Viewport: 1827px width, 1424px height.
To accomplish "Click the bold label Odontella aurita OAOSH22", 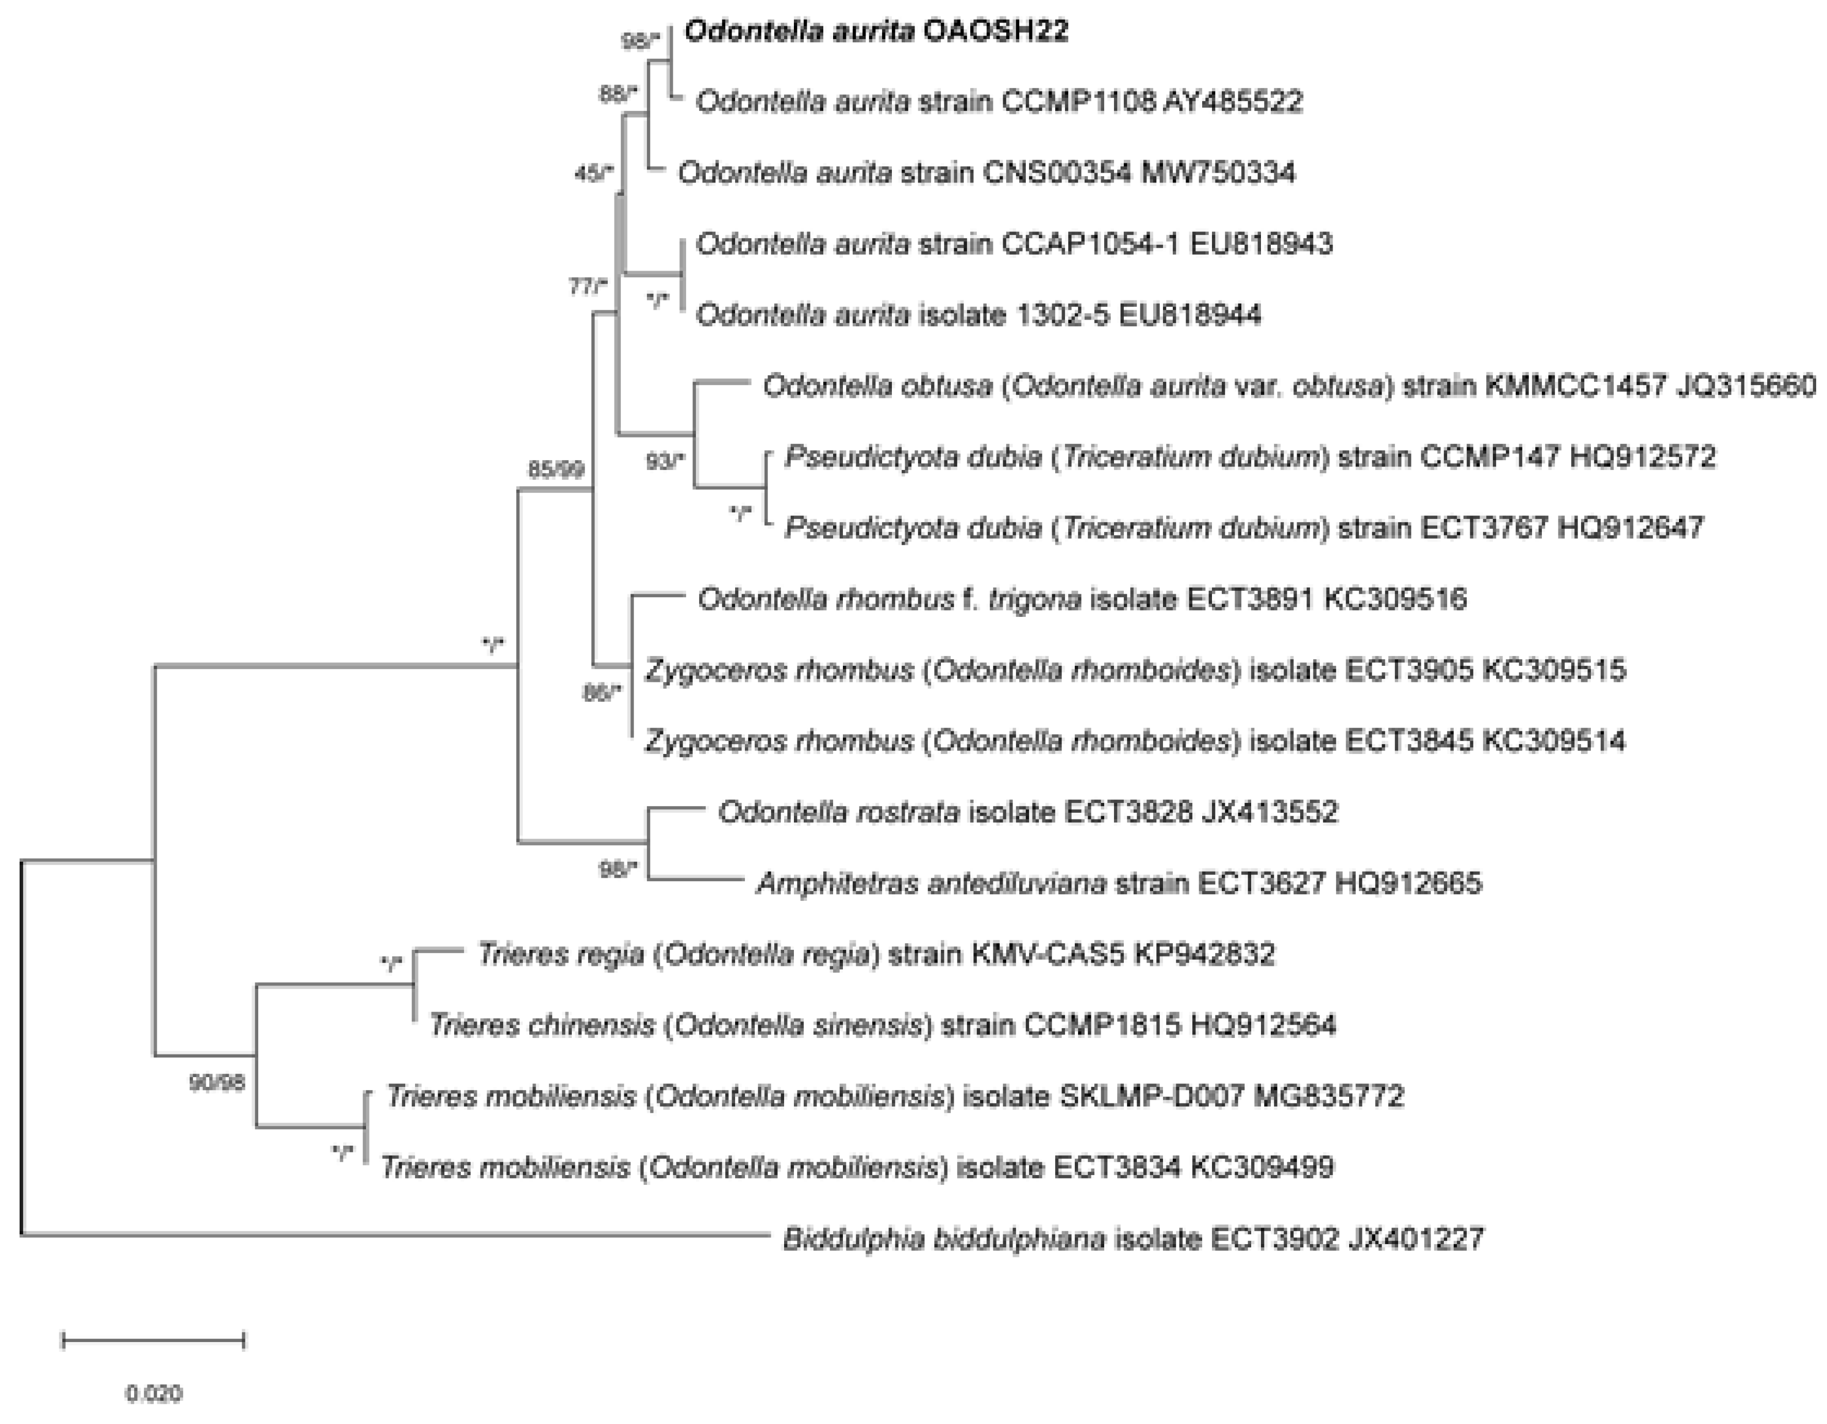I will (x=876, y=32).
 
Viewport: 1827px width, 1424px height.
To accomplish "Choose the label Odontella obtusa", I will (x=877, y=387).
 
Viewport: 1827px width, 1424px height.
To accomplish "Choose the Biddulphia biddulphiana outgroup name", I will (x=943, y=1238).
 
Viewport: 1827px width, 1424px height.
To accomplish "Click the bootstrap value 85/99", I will (x=555, y=470).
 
